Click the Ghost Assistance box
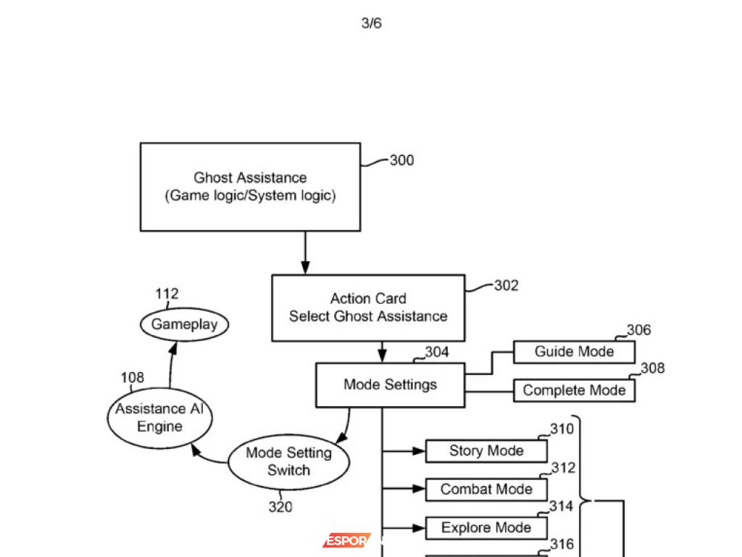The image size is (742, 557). (x=250, y=187)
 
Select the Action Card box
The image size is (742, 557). (x=368, y=308)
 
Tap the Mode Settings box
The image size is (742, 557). (x=390, y=384)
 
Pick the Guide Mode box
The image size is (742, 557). (x=574, y=352)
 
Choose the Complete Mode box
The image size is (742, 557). (x=574, y=390)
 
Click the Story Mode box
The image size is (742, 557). (x=486, y=451)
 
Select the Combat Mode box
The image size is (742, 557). (x=486, y=490)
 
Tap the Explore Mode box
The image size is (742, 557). (x=486, y=528)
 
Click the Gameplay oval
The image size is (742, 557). (x=184, y=324)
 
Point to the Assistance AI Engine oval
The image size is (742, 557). (x=160, y=418)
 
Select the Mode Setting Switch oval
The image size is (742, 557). (x=288, y=461)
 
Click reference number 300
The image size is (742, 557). (x=401, y=160)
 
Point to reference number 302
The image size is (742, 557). (x=507, y=286)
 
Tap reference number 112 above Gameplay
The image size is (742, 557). (x=167, y=294)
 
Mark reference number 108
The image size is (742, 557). (x=132, y=377)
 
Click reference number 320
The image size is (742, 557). (x=280, y=507)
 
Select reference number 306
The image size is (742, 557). (x=638, y=330)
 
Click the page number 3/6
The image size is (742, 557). (x=371, y=23)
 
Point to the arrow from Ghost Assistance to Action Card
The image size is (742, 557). (x=305, y=253)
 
